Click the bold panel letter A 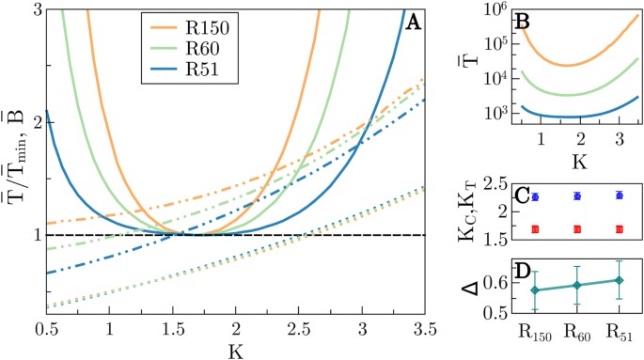(411, 22)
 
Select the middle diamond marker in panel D (577, 285)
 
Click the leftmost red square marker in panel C (536, 229)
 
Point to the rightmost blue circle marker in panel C (618, 196)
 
